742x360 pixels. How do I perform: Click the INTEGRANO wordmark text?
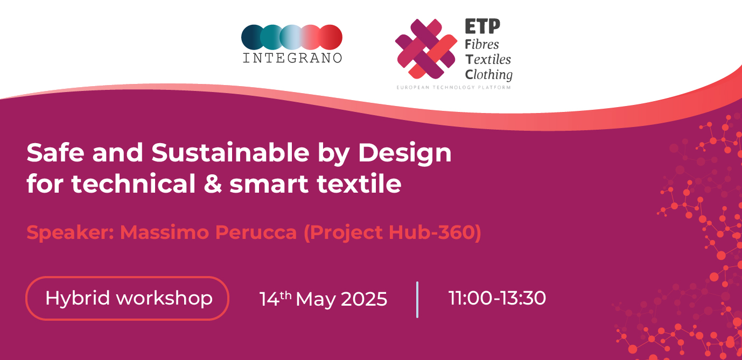click(x=292, y=58)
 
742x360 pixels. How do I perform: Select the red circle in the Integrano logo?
click(x=331, y=37)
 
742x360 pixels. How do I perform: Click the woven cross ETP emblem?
click(x=426, y=48)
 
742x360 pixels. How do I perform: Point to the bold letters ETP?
click(x=482, y=26)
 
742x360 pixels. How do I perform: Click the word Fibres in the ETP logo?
click(x=482, y=44)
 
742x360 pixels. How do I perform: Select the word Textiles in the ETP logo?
click(x=488, y=59)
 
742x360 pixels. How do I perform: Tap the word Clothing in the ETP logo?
click(x=488, y=75)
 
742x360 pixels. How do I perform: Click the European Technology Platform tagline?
click(x=453, y=87)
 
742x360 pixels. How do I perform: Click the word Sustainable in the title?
click(x=230, y=153)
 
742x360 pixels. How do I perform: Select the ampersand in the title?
click(x=212, y=184)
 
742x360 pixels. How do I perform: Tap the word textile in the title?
click(x=359, y=184)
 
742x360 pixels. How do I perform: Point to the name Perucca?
click(x=256, y=232)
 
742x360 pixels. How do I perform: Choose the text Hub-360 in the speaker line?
click(x=432, y=232)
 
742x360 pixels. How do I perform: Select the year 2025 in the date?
click(x=363, y=299)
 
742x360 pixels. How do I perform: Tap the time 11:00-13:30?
click(x=497, y=298)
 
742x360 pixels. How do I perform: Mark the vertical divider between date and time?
click(x=417, y=300)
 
